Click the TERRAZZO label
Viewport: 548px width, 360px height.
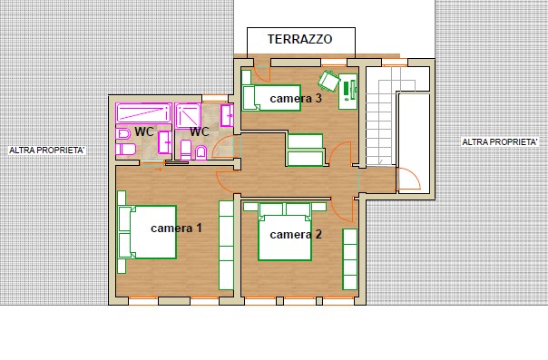pos(299,39)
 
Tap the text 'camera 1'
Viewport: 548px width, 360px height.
pos(176,228)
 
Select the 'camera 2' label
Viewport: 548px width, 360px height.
pos(296,234)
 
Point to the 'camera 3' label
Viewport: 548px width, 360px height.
pos(296,98)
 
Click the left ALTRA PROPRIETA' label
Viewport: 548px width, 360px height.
pos(47,151)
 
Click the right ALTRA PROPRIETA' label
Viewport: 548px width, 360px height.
pos(499,141)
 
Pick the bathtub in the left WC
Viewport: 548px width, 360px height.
pos(143,112)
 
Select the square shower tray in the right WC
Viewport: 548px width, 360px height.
pos(188,115)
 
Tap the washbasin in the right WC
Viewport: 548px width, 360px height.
pos(227,115)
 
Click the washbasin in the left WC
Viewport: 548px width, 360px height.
pos(164,142)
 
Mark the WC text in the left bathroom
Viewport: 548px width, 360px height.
pos(144,131)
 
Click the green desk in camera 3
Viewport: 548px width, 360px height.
pos(347,92)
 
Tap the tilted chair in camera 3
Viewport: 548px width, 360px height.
pos(328,81)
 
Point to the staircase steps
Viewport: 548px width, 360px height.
pos(381,117)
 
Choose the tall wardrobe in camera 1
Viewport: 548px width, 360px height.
pos(226,245)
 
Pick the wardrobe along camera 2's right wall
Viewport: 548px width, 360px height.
pos(349,259)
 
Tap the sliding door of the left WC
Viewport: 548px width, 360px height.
pos(152,163)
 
